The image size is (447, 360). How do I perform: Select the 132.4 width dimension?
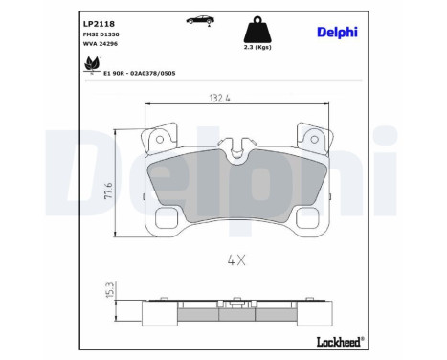tap(221, 96)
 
